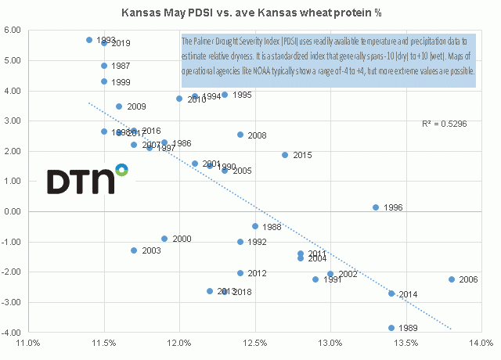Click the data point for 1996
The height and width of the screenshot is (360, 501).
click(376, 207)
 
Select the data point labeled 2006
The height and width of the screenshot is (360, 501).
click(452, 279)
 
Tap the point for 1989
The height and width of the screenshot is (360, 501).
click(391, 328)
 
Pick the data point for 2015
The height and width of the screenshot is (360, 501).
click(285, 155)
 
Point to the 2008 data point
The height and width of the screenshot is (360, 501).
click(240, 135)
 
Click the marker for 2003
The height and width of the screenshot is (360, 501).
click(134, 250)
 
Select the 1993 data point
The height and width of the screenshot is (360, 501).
click(89, 40)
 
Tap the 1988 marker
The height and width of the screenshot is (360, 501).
click(255, 226)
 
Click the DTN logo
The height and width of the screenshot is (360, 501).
click(86, 179)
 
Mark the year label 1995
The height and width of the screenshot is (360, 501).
click(242, 95)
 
